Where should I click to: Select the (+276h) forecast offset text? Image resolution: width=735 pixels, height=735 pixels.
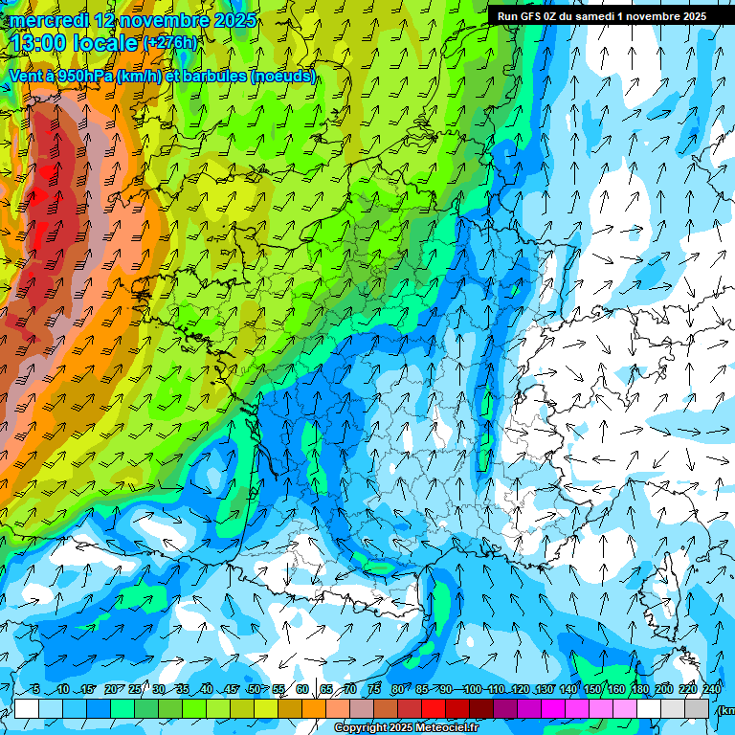click(x=170, y=43)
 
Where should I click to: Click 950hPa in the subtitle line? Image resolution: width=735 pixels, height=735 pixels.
click(x=82, y=77)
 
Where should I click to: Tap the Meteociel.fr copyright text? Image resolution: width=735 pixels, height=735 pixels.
click(x=407, y=728)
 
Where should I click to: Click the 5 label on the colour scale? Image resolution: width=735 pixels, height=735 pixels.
click(x=36, y=690)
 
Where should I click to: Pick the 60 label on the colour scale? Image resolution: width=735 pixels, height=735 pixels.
click(x=301, y=690)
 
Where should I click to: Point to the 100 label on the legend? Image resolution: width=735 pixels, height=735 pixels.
click(x=472, y=690)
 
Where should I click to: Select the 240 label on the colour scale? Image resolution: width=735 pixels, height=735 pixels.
click(x=711, y=690)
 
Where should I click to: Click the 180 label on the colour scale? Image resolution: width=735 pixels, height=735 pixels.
click(x=639, y=690)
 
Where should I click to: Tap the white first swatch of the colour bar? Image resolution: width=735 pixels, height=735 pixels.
click(x=26, y=708)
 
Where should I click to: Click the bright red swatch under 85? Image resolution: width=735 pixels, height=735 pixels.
click(x=434, y=708)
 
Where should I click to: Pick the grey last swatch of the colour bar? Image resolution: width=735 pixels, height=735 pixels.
click(x=699, y=708)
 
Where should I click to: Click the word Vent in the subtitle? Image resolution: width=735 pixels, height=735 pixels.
click(x=27, y=77)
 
